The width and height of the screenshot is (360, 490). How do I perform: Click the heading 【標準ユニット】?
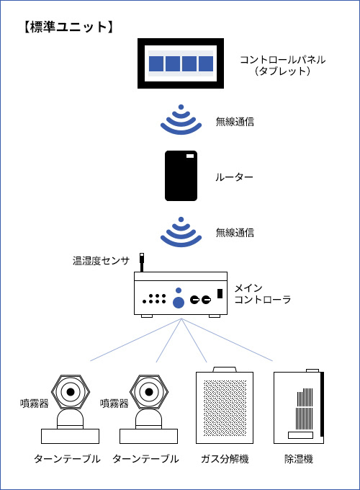[68, 27]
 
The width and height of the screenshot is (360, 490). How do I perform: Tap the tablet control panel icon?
[181, 63]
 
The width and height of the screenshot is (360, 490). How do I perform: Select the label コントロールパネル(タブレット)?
[282, 66]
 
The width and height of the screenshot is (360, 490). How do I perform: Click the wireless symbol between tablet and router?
[181, 120]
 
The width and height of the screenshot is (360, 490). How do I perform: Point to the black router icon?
[181, 176]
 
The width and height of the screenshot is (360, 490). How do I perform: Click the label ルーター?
[234, 177]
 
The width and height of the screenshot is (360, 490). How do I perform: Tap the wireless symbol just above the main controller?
[181, 232]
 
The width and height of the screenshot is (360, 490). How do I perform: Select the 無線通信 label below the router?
[235, 233]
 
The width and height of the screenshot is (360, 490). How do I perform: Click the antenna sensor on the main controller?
[142, 262]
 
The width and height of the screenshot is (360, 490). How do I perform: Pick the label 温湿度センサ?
[102, 260]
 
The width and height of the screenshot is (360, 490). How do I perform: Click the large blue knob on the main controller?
[179, 302]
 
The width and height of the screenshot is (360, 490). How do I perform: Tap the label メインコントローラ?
[263, 293]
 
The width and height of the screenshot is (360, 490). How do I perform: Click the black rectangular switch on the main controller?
[220, 293]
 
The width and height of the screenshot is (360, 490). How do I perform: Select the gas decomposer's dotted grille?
[225, 408]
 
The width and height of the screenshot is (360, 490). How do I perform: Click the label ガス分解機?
[225, 459]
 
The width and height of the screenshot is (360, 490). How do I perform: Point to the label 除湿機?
[299, 459]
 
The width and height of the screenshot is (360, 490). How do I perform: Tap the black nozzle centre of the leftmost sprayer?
[71, 391]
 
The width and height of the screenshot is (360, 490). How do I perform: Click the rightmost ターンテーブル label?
[146, 459]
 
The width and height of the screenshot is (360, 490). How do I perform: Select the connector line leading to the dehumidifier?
[227, 340]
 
